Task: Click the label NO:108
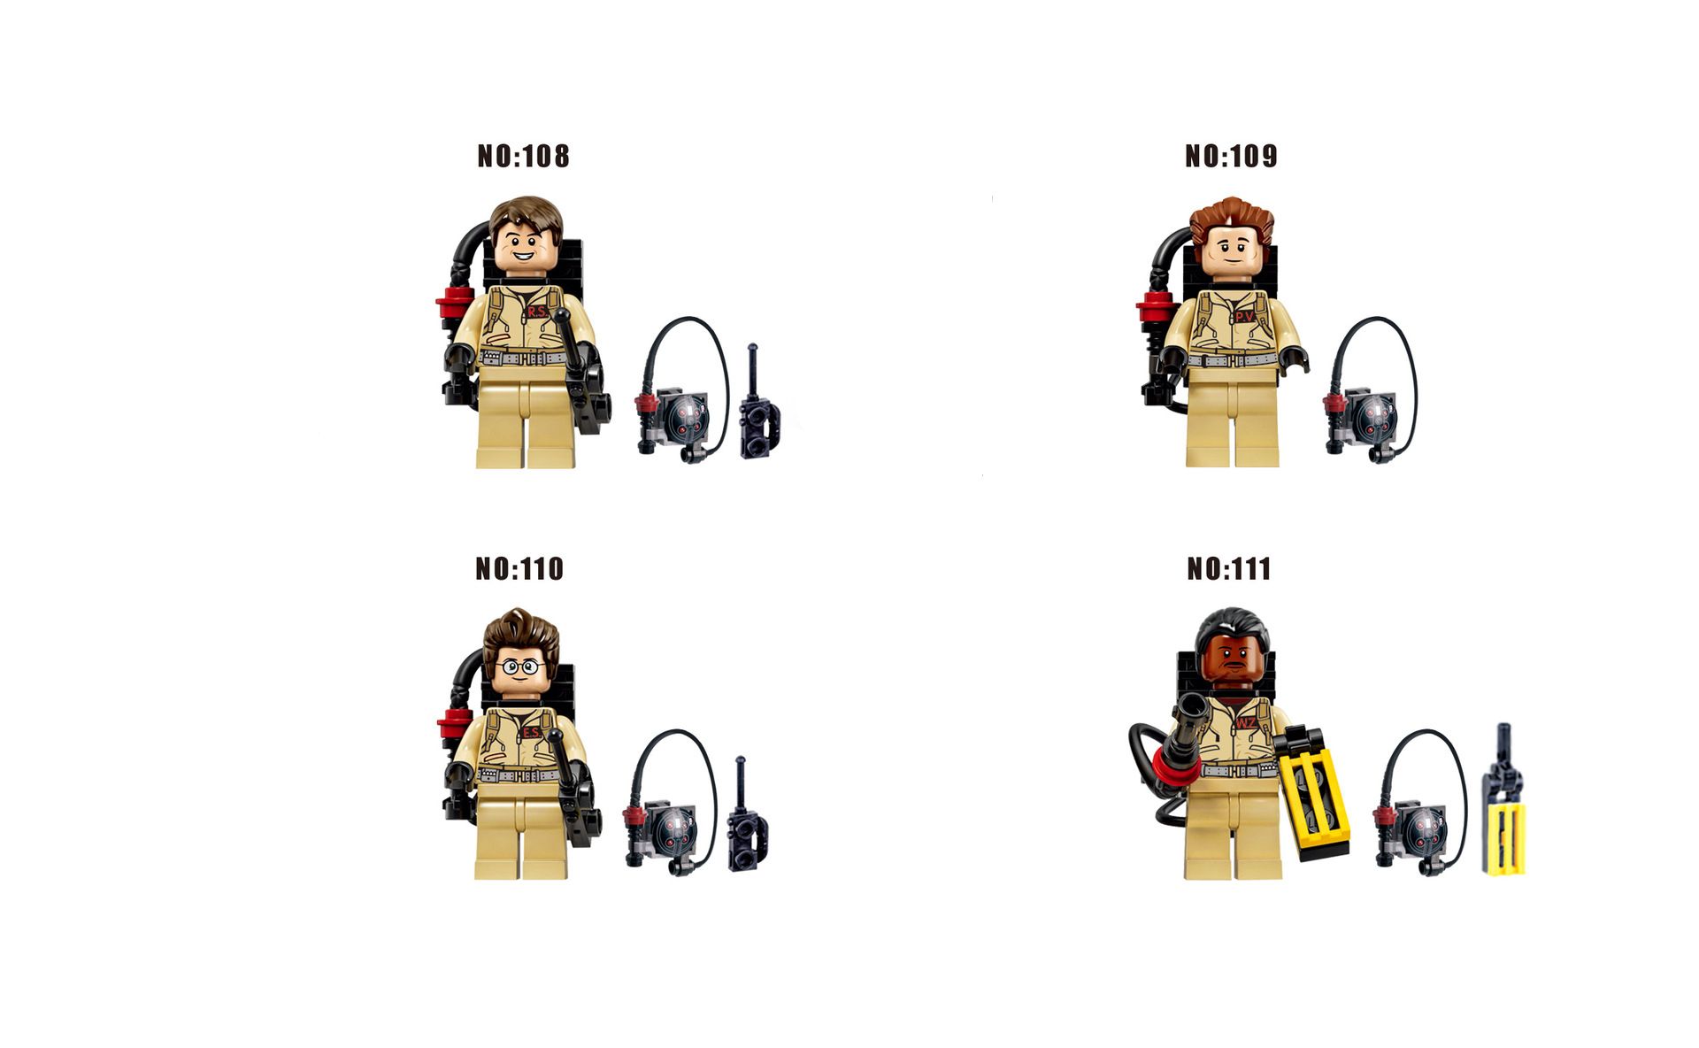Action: pyautogui.click(x=523, y=157)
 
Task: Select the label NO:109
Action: pyautogui.click(x=1231, y=157)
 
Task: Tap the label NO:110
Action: pyautogui.click(x=519, y=568)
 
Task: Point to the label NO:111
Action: pyautogui.click(x=1229, y=568)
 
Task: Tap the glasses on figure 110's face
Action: pyautogui.click(x=521, y=667)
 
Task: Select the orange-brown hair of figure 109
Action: pyautogui.click(x=1231, y=221)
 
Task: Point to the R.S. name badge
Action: pyautogui.click(x=537, y=312)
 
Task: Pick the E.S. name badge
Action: pyautogui.click(x=531, y=733)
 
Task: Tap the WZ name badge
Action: pyautogui.click(x=1246, y=724)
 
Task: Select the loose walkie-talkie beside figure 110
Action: pyautogui.click(x=747, y=815)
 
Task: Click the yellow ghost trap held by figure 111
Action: pyautogui.click(x=1314, y=793)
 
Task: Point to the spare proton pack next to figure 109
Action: pyautogui.click(x=1370, y=390)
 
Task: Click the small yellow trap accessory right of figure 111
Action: pyautogui.click(x=1504, y=801)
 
